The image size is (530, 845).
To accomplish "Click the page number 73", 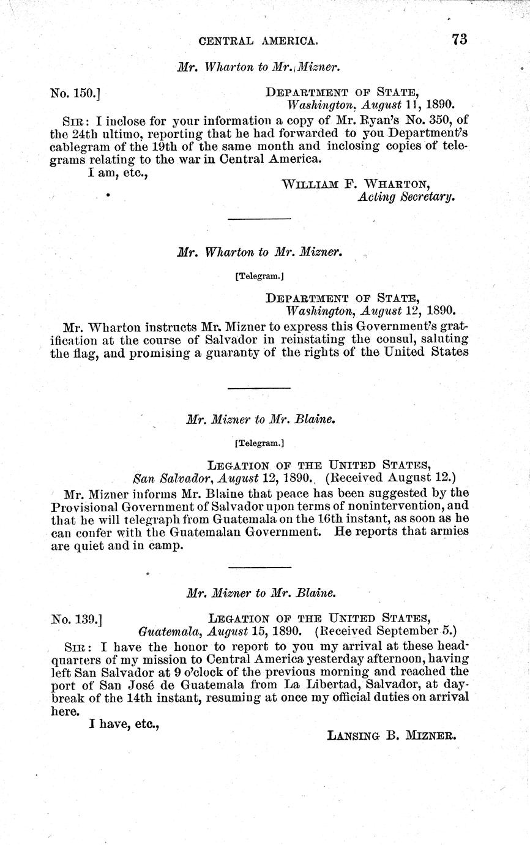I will (x=460, y=40).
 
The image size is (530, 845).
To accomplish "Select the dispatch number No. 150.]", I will (x=75, y=93).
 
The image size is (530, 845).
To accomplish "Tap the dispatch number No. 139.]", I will (x=76, y=619).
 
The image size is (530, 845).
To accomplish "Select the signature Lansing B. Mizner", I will (x=392, y=737).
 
